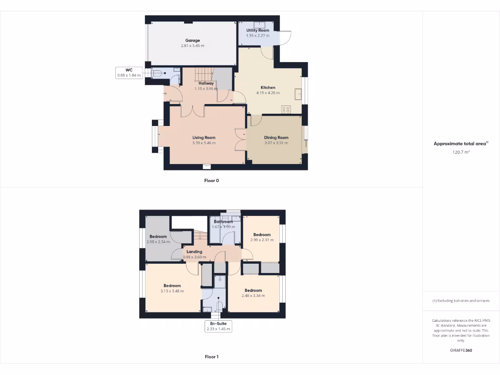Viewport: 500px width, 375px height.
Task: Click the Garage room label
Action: (192, 41)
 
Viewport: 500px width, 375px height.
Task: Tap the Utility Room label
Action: (258, 30)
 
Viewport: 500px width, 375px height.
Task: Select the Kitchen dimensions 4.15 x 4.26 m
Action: (268, 93)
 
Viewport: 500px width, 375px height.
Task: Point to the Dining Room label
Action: (276, 138)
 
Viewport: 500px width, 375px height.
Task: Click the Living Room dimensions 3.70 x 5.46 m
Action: (204, 143)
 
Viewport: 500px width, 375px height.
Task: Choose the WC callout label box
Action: (129, 73)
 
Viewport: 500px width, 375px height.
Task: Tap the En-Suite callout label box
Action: (218, 326)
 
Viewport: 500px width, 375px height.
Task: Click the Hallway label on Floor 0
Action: (206, 83)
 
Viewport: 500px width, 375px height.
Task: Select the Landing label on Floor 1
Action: (194, 252)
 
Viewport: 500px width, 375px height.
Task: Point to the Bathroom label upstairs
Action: (223, 222)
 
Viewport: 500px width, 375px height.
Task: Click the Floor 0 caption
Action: (211, 181)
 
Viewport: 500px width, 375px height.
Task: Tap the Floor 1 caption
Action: (211, 357)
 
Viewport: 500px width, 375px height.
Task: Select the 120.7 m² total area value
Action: (461, 152)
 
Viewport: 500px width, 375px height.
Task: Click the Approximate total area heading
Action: (460, 144)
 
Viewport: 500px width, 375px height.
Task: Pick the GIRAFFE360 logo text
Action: (461, 350)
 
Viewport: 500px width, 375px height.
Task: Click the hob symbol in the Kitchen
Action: (286, 109)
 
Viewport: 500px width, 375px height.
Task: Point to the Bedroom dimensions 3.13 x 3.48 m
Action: (172, 292)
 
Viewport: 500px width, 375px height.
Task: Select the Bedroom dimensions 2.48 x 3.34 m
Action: (253, 296)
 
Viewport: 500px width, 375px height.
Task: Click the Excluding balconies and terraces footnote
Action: (461, 301)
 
